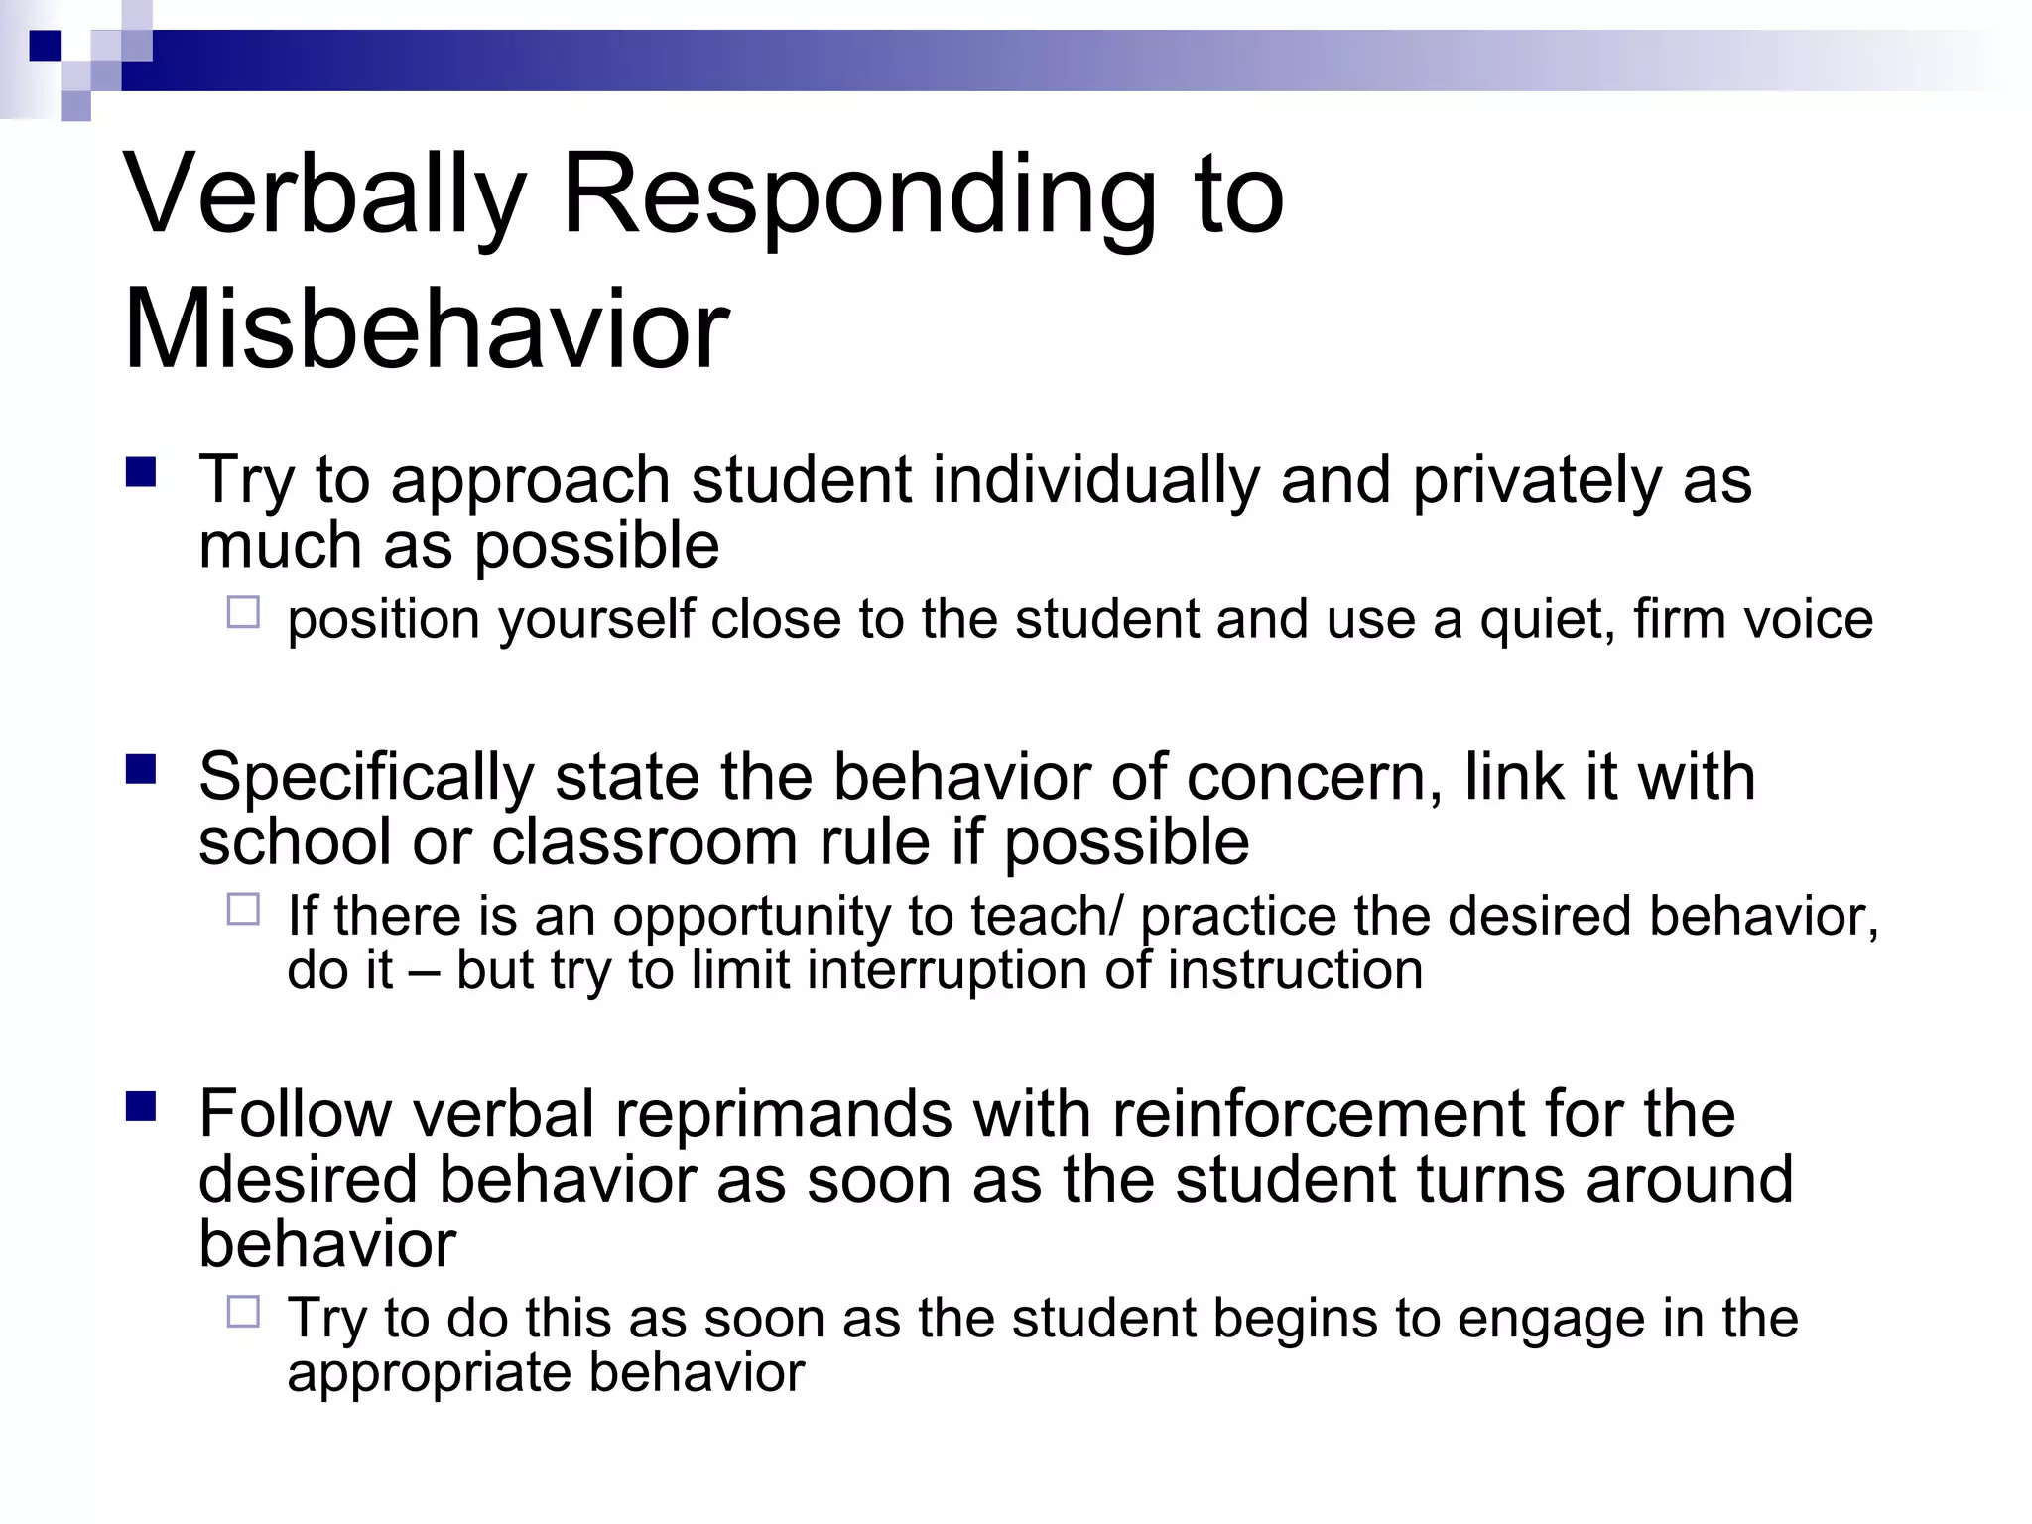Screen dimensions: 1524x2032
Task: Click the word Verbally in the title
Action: (323, 196)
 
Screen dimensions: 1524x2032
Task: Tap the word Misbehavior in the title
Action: (427, 330)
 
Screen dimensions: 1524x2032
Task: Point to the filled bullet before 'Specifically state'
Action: (141, 769)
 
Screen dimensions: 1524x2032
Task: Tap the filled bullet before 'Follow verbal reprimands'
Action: (141, 1106)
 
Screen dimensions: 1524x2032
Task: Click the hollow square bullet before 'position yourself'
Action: (243, 612)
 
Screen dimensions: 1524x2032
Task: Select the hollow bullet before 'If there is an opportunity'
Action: (243, 909)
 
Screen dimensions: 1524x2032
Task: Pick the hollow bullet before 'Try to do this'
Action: (243, 1312)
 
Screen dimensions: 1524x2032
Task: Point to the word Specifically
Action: (366, 778)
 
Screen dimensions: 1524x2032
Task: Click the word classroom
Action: (644, 842)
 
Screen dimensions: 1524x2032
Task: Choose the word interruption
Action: (947, 970)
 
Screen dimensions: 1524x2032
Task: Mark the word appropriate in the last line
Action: (429, 1374)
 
